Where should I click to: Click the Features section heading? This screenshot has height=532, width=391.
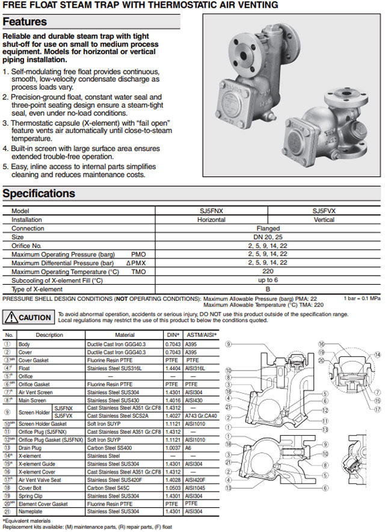pos(25,22)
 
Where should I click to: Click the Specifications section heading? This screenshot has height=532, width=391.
pos(39,194)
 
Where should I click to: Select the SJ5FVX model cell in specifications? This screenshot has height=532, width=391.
pos(324,211)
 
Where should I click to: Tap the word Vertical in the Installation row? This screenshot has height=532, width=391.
pos(324,220)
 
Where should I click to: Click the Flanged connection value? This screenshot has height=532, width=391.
pos(268,229)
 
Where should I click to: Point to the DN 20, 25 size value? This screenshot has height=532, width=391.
pos(268,237)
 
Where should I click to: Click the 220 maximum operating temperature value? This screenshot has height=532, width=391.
pos(268,271)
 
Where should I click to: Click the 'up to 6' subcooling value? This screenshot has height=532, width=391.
pos(268,280)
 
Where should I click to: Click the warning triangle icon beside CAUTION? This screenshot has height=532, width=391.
pos(11,317)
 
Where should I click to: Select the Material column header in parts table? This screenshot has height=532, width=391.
pos(125,335)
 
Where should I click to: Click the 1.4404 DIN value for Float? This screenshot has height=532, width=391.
pos(173,367)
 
